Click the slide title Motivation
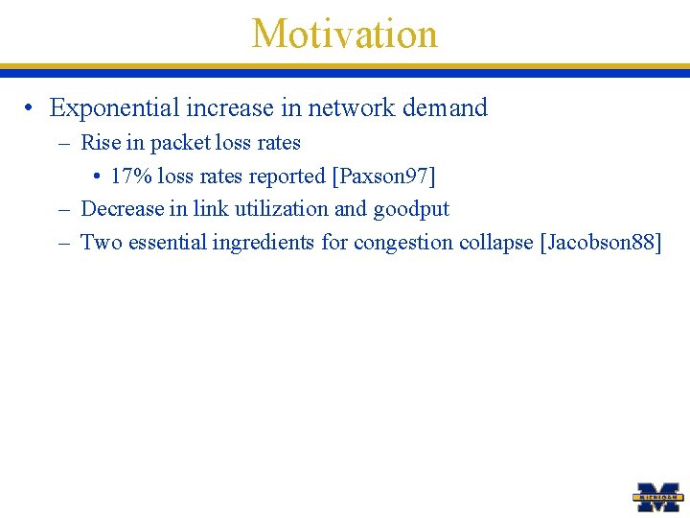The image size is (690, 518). coord(344,34)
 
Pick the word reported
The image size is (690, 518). coord(286,177)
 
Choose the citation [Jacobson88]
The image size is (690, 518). coord(601,243)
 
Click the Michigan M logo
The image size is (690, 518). coord(658,497)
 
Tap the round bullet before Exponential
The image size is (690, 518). coord(32,109)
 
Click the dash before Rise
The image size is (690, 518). coord(64,144)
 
